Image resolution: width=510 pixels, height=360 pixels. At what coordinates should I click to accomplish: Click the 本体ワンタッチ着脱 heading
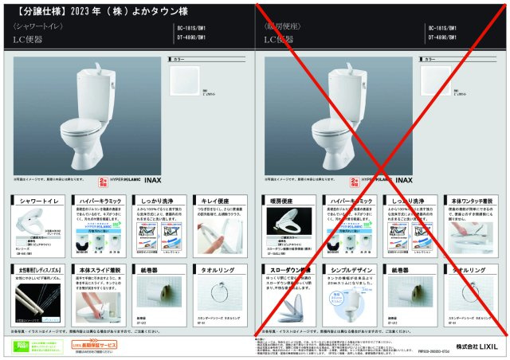(x=470, y=202)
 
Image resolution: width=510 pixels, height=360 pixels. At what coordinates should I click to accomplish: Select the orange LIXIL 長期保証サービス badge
(x=95, y=345)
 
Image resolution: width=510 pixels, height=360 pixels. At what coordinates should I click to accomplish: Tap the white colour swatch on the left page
(x=187, y=83)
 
